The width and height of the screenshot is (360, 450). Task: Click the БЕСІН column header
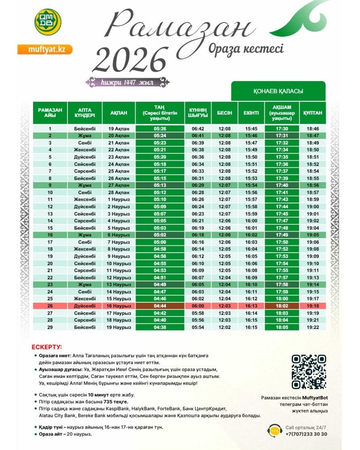pos(224,113)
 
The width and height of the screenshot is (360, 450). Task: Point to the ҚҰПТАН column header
pos(312,113)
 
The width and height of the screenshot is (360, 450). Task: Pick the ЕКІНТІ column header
pos(251,113)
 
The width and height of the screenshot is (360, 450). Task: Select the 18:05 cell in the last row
pos(282,327)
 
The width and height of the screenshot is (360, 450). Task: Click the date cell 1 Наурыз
pos(119,199)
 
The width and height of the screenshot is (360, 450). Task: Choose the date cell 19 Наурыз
pos(119,327)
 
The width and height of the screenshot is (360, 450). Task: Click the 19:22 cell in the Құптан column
pos(313,327)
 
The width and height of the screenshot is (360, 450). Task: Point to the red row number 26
pos(49,305)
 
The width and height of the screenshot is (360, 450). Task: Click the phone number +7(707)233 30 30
pos(307,434)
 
